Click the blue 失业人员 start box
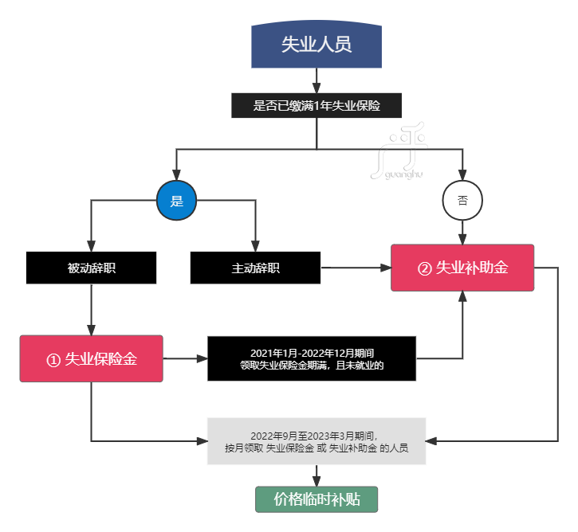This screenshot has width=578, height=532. point(317,45)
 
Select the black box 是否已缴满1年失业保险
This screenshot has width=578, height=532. point(317,106)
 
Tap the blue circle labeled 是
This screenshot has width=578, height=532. point(176,201)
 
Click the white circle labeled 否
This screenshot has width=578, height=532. point(462,201)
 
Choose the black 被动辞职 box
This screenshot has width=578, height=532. point(91,268)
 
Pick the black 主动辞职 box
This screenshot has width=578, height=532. point(255,268)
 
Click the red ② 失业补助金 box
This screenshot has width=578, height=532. point(462,268)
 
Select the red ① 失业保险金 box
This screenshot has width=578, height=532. point(91,359)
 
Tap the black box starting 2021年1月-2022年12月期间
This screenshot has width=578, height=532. point(312,359)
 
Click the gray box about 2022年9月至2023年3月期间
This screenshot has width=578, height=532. point(317,440)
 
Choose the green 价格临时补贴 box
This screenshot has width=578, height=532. point(317,499)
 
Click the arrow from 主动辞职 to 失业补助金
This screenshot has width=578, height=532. point(355,268)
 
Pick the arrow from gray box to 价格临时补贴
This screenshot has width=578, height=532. point(317,475)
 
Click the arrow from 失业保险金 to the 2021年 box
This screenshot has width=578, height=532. point(185,359)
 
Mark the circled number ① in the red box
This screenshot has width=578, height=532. point(53,360)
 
